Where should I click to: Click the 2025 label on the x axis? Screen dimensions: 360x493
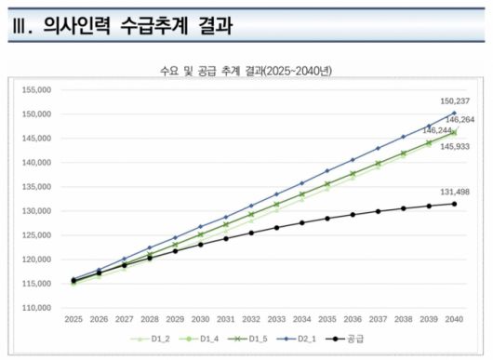(73, 320)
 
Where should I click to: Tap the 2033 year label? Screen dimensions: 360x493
(276, 320)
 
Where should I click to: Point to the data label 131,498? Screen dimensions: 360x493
(455, 192)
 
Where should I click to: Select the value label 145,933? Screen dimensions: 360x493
(455, 147)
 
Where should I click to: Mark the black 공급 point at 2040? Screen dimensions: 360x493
(454, 204)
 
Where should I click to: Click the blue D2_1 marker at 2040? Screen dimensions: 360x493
(454, 113)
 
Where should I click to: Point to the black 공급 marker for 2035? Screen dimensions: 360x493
(326, 219)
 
